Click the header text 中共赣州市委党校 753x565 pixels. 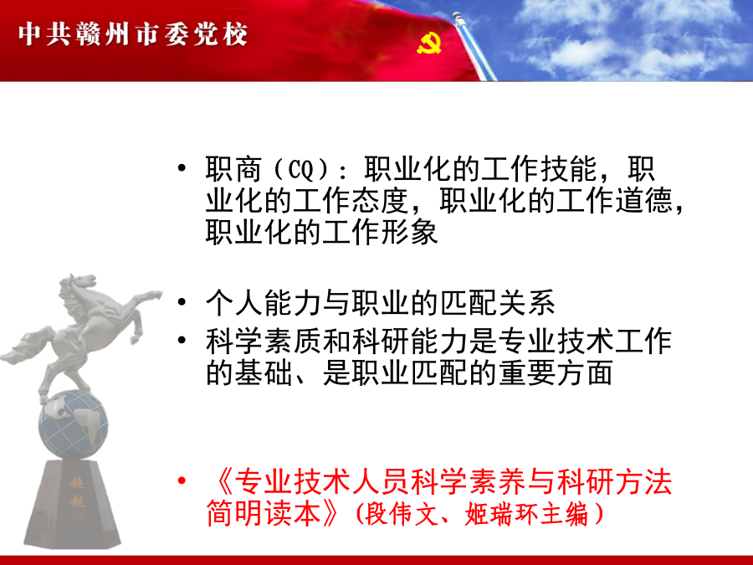(133, 34)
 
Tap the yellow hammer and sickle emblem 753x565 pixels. (429, 44)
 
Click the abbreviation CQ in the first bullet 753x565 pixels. (300, 169)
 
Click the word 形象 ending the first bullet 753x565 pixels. (409, 233)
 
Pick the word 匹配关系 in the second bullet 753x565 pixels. (498, 303)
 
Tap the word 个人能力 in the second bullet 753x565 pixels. (264, 303)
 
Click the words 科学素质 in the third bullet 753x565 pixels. (264, 342)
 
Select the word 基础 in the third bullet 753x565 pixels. (263, 373)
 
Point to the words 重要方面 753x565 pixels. (556, 373)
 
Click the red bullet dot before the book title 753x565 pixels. (182, 480)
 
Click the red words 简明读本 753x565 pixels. (264, 514)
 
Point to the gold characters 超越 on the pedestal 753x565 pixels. (77, 491)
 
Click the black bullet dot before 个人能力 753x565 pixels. (182, 302)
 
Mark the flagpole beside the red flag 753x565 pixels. (474, 46)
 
